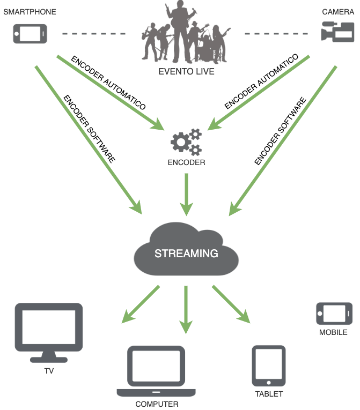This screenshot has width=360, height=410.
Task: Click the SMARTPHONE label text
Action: tap(30, 11)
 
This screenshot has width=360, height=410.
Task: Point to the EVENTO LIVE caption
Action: tap(187, 71)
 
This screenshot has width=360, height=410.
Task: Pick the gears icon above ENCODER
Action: tap(186, 141)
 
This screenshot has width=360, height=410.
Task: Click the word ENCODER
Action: tap(186, 162)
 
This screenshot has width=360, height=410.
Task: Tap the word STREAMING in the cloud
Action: tap(186, 254)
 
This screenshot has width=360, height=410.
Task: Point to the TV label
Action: tap(49, 370)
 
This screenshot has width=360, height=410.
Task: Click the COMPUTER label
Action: tap(157, 404)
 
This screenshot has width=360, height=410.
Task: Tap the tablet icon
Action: tap(269, 366)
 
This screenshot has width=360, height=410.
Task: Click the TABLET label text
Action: tap(269, 394)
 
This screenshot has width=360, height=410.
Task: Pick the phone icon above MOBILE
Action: tap(334, 313)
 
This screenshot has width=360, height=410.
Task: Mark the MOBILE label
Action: tap(333, 332)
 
